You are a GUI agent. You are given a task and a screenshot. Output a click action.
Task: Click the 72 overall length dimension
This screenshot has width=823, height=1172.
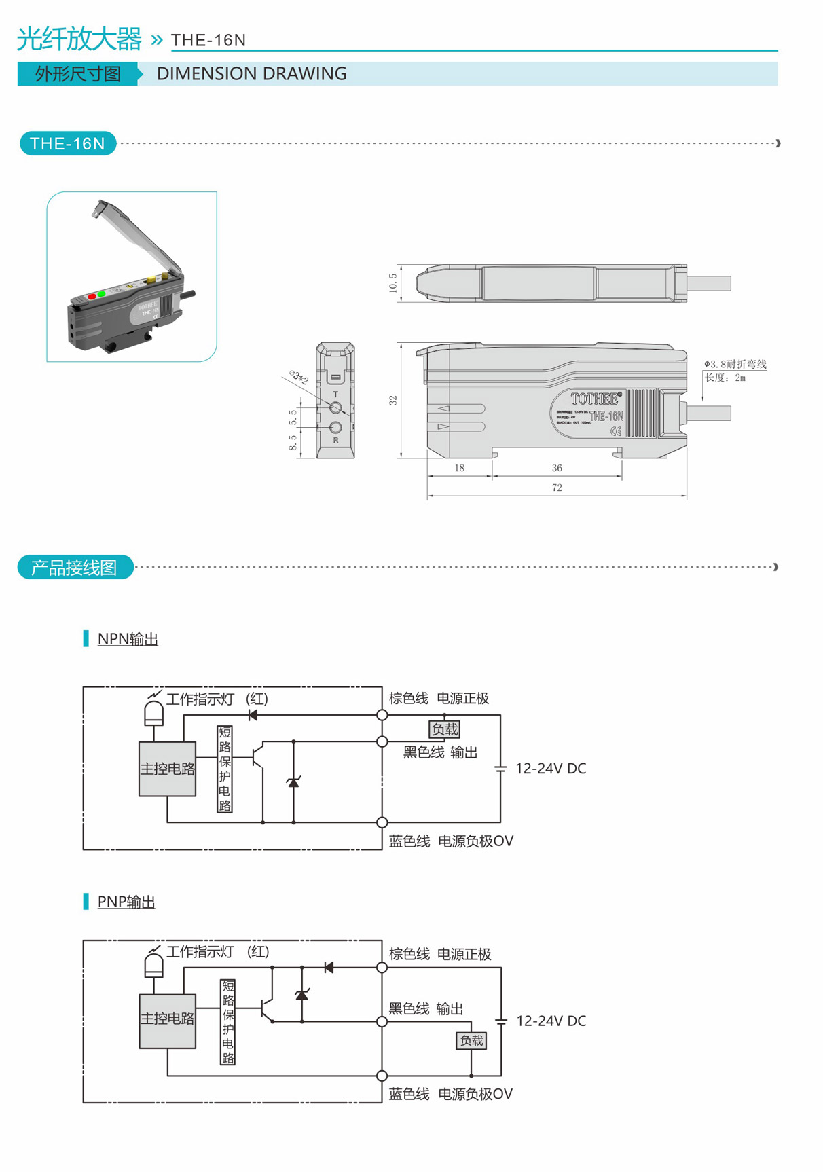[x=557, y=488]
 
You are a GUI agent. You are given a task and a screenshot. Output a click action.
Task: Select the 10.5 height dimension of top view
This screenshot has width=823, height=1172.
[x=393, y=283]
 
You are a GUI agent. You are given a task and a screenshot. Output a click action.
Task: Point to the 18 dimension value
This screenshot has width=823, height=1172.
[x=460, y=468]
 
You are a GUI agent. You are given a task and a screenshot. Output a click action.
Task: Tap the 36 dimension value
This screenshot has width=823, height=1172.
[x=557, y=468]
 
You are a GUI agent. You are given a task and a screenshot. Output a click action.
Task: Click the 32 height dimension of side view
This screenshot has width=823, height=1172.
[x=393, y=401]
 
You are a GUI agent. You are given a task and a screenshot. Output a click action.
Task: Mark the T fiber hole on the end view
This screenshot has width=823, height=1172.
[x=335, y=407]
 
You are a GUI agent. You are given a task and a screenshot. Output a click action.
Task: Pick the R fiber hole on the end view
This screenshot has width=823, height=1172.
[x=335, y=427]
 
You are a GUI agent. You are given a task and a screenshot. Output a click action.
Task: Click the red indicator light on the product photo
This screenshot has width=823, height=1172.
[x=92, y=297]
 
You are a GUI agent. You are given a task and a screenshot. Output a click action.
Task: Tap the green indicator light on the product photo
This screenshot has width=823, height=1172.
[x=102, y=293]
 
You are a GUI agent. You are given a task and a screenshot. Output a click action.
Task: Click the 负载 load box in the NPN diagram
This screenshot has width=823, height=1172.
[x=445, y=729]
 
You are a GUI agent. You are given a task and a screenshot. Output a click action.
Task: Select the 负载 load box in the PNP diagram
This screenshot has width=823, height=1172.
[x=471, y=1040]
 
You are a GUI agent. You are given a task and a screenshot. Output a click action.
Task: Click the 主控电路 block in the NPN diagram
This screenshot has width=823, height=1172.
[x=168, y=769]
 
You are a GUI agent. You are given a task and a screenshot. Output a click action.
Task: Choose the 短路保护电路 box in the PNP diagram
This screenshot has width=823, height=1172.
[x=228, y=1022]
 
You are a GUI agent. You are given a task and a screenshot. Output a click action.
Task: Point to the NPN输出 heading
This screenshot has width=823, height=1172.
[x=128, y=639]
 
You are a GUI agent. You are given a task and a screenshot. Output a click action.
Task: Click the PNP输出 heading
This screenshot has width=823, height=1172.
[x=126, y=902]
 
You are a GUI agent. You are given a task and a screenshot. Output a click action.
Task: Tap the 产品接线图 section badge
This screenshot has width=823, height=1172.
[x=75, y=568]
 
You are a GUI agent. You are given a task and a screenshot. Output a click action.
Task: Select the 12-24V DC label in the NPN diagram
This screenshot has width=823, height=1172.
[x=551, y=769]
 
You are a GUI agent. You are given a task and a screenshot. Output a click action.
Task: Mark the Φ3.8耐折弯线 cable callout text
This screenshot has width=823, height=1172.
[x=735, y=365]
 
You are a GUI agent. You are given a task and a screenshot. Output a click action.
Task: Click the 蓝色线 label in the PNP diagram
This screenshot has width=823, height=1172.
[x=409, y=1094]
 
